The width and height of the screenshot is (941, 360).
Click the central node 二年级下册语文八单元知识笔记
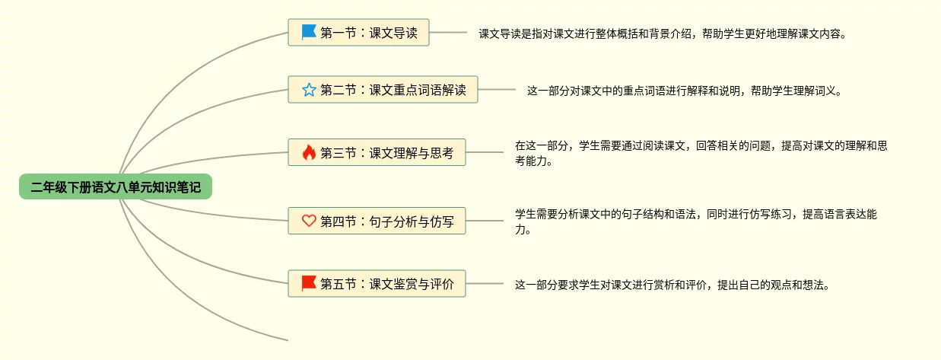(116, 186)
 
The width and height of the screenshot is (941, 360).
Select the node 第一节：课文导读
(358, 33)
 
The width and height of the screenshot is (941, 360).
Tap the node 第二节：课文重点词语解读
(383, 90)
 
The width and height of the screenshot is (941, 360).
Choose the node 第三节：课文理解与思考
(377, 153)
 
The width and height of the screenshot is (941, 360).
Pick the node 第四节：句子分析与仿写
(377, 221)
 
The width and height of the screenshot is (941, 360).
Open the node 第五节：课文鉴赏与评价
(377, 284)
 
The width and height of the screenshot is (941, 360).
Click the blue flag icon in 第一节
(308, 33)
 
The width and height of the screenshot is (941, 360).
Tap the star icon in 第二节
(308, 90)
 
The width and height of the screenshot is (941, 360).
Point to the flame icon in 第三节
(308, 153)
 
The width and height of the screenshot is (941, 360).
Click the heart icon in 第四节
(308, 221)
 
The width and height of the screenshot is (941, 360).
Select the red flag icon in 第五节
(308, 284)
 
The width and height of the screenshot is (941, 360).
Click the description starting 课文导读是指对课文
(662, 34)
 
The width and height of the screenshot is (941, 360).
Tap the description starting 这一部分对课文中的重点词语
(685, 91)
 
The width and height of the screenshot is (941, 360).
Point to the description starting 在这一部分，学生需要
(700, 153)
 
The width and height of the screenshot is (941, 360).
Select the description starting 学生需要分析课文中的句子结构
(695, 221)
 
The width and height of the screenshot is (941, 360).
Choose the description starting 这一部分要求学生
(671, 285)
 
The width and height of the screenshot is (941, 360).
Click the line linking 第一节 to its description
(448, 33)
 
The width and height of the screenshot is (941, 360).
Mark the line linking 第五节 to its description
(485, 284)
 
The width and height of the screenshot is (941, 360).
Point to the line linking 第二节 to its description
(497, 90)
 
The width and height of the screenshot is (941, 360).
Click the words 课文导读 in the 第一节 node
(393, 33)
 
